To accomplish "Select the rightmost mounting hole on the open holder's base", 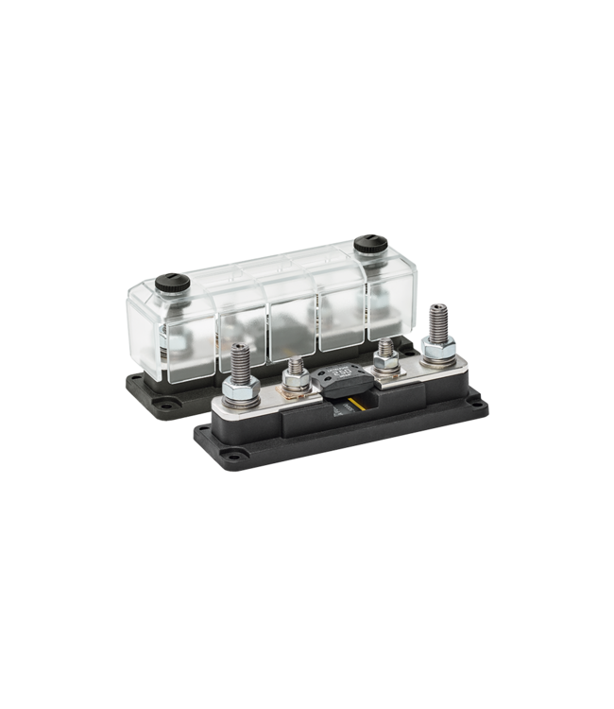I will [482, 406].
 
